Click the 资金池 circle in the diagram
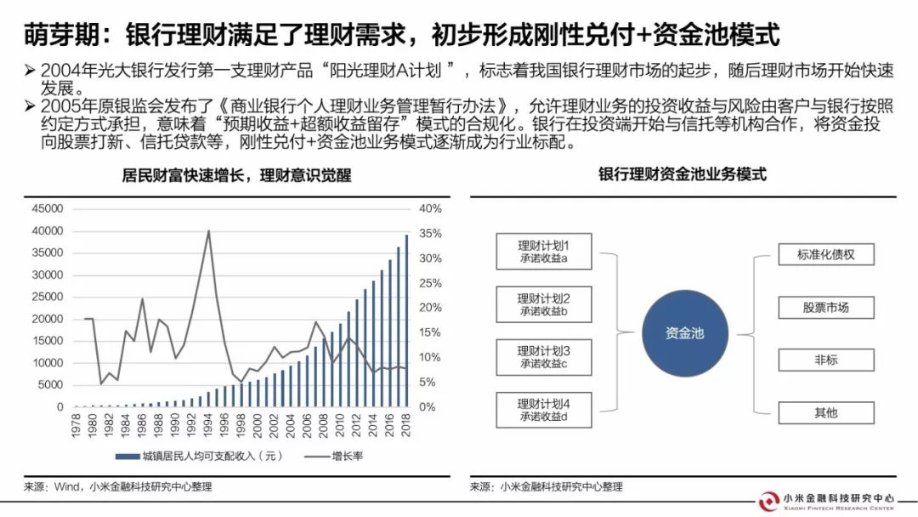[684, 333]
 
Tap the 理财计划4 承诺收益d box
[544, 409]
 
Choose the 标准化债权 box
[825, 253]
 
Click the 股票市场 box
[825, 307]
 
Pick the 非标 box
[825, 360]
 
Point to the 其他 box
[825, 412]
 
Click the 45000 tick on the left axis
[47, 209]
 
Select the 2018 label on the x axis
[406, 424]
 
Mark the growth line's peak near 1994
[208, 230]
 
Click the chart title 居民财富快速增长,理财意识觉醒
[236, 175]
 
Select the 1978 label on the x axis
[76, 424]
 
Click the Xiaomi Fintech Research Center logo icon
[769, 501]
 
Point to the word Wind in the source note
[67, 487]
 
